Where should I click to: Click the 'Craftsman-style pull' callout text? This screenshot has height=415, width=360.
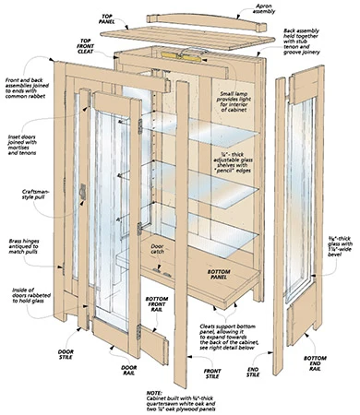click(x=23, y=196)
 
